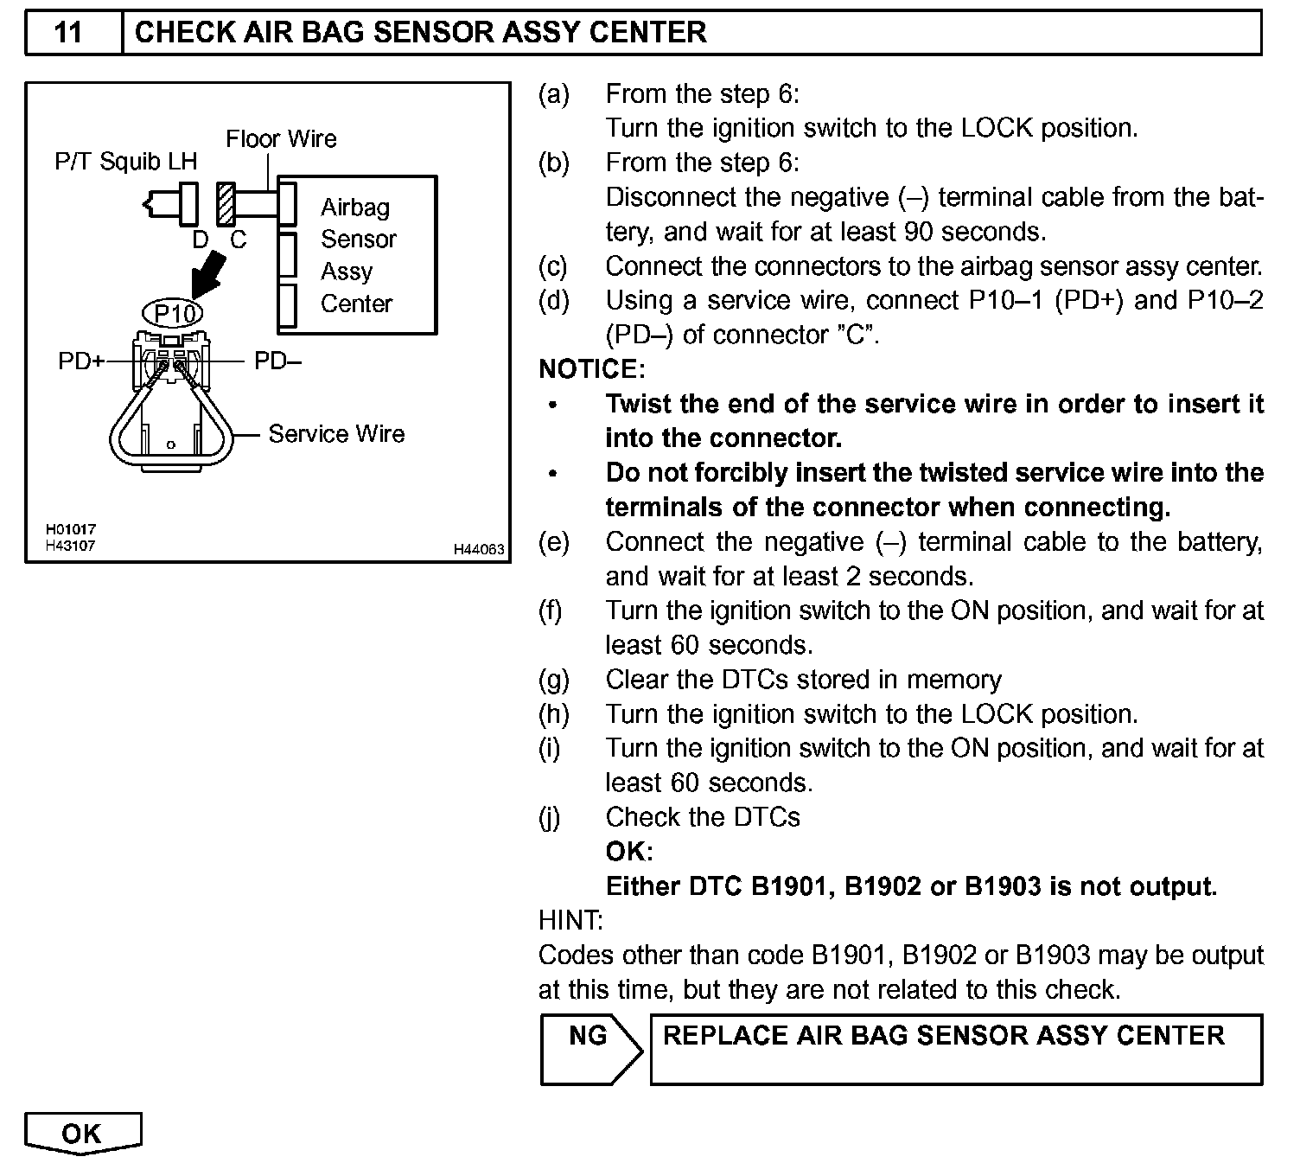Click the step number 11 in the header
pyautogui.click(x=68, y=33)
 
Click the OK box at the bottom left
pyautogui.click(x=82, y=1134)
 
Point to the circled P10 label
pyautogui.click(x=174, y=313)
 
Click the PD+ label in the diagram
pyautogui.click(x=80, y=361)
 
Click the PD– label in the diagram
pyautogui.click(x=277, y=361)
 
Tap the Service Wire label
pyautogui.click(x=336, y=433)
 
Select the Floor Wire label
pyautogui.click(x=281, y=138)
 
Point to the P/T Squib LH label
pyautogui.click(x=126, y=161)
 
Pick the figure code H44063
pyautogui.click(x=479, y=549)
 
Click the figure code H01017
pyautogui.click(x=71, y=528)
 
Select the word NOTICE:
pyautogui.click(x=592, y=369)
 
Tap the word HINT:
pyautogui.click(x=570, y=920)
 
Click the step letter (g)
pyautogui.click(x=554, y=680)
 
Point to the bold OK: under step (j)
pyautogui.click(x=629, y=852)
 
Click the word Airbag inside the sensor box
pyautogui.click(x=355, y=208)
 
